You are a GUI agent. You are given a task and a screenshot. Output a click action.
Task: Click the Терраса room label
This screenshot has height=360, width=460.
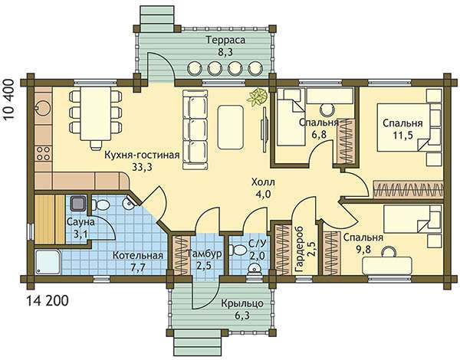[225, 40]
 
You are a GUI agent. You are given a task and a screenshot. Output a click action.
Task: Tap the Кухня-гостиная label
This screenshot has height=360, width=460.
[142, 155]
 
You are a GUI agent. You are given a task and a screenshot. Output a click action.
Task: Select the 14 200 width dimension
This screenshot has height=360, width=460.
[48, 300]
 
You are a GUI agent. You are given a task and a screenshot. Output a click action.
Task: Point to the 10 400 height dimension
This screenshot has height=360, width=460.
[10, 99]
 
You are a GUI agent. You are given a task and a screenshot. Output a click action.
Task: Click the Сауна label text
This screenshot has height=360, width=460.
[80, 222]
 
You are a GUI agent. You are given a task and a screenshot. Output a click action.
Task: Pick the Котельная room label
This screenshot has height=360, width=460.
[138, 255]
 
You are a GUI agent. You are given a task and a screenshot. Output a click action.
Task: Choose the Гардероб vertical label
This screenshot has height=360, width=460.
[300, 250]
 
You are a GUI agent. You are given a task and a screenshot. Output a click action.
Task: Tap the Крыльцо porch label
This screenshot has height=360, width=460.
[242, 303]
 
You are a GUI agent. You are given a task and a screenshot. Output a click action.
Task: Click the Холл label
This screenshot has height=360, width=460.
[263, 182]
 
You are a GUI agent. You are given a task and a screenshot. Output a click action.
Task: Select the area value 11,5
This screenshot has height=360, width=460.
[402, 135]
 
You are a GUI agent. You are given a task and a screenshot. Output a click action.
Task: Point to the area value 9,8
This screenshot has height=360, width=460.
[363, 250]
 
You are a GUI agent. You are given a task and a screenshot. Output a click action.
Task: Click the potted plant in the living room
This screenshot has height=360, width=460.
[258, 97]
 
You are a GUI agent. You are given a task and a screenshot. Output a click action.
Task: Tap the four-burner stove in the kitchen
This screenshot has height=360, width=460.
[43, 153]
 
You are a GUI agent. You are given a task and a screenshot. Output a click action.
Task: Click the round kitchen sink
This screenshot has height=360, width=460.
[43, 108]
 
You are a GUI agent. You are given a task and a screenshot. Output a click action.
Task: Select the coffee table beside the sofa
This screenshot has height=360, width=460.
[231, 126]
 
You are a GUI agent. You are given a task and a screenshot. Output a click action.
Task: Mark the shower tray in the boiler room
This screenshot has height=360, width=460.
[48, 262]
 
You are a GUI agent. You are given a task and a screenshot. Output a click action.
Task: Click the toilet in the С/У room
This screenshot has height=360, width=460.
[238, 250]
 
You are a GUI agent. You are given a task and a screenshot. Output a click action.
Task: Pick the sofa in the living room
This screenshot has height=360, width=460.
[195, 129]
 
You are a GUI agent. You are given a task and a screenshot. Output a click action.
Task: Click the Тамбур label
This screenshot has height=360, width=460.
[205, 254]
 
